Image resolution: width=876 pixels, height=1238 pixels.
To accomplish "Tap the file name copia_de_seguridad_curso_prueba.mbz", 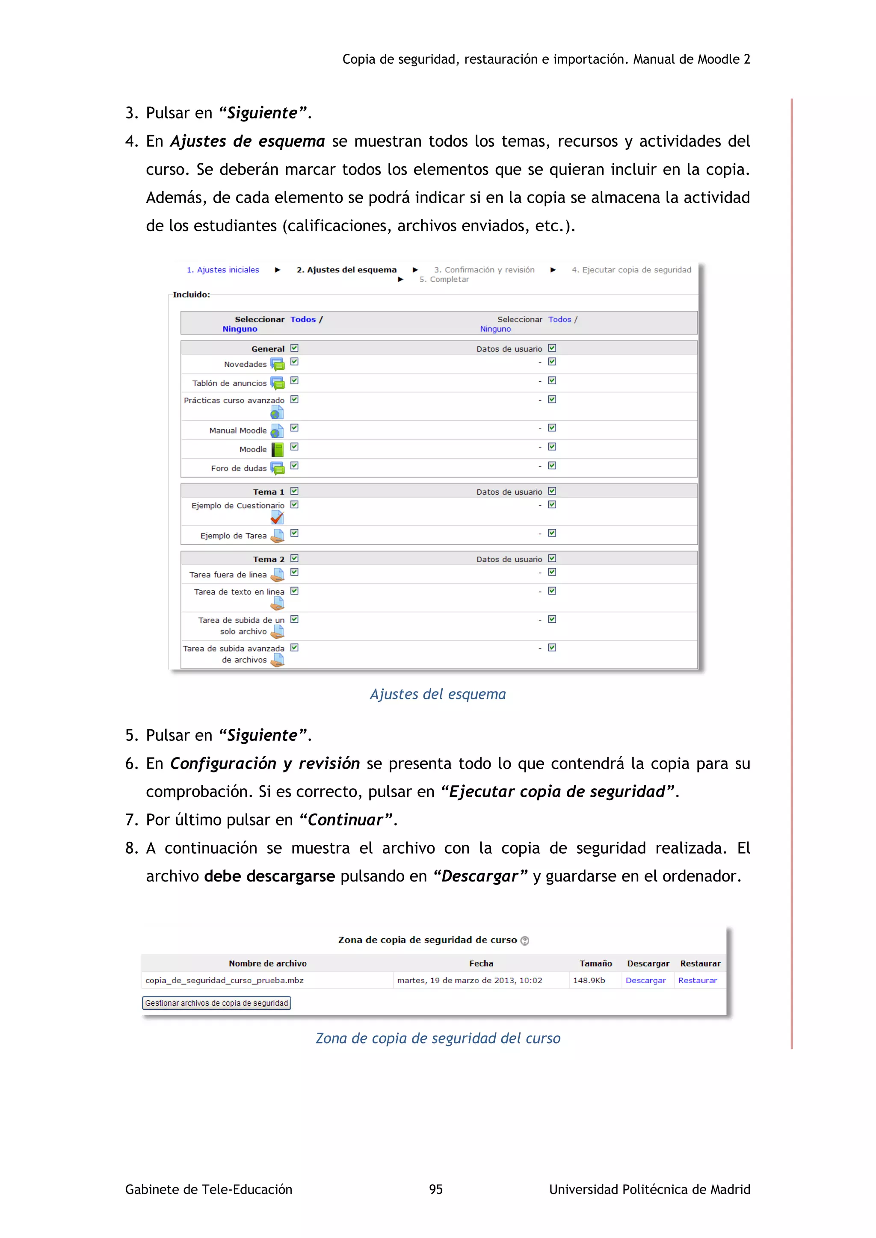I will (225, 980).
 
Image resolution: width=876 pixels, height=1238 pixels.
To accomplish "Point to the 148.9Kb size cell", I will (589, 980).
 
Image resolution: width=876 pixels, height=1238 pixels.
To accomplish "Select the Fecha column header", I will (481, 963).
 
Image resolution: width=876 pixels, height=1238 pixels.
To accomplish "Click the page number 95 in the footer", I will (436, 1189).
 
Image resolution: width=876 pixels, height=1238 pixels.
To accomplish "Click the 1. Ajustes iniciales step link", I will (223, 270).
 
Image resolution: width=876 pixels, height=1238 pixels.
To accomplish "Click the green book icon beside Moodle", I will (277, 449).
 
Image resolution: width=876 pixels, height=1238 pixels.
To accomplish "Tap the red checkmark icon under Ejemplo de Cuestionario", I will (277, 518).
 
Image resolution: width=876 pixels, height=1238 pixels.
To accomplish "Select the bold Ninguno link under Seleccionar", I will (240, 329).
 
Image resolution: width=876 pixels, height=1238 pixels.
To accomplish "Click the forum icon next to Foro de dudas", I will (277, 468).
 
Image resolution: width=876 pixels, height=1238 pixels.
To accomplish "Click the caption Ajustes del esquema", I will (438, 694).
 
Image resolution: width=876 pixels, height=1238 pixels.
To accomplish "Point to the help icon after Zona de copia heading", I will (525, 940).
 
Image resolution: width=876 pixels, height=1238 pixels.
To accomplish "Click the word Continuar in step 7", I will (345, 819).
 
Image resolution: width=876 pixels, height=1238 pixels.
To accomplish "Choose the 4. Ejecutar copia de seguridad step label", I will (631, 270).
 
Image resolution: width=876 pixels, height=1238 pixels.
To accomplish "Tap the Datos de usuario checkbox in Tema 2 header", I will (552, 558).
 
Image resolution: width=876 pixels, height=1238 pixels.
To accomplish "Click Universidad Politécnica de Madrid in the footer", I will (649, 1189).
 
